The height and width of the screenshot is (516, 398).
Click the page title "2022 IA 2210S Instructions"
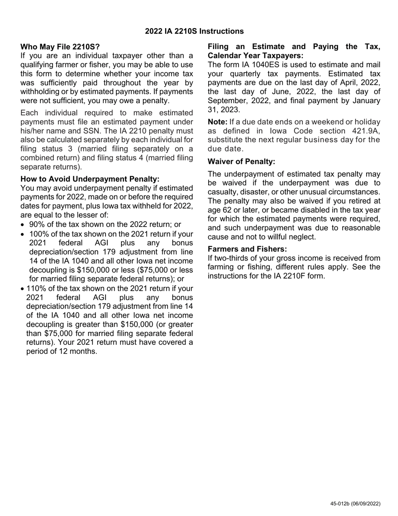point(194,31)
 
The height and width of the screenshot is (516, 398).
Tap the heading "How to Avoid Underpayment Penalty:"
point(90,179)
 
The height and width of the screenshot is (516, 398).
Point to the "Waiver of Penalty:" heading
point(242,162)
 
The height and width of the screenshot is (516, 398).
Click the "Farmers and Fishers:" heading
point(248,249)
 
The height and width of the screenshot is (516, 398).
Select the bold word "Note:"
point(218,122)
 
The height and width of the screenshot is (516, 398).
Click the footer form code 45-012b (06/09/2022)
point(355,504)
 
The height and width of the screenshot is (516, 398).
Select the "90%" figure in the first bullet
point(37,224)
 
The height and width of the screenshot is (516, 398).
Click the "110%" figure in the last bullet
point(36,289)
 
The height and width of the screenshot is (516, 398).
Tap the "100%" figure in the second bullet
point(39,234)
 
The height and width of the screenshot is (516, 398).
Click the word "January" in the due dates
point(365,101)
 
